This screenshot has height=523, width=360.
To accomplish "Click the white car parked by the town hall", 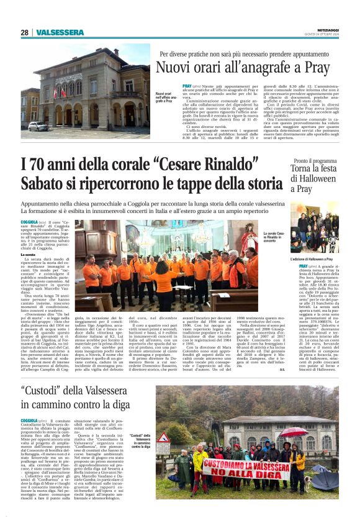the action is tap(38, 126).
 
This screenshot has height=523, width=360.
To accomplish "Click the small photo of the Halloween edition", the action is tap(323, 234).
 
